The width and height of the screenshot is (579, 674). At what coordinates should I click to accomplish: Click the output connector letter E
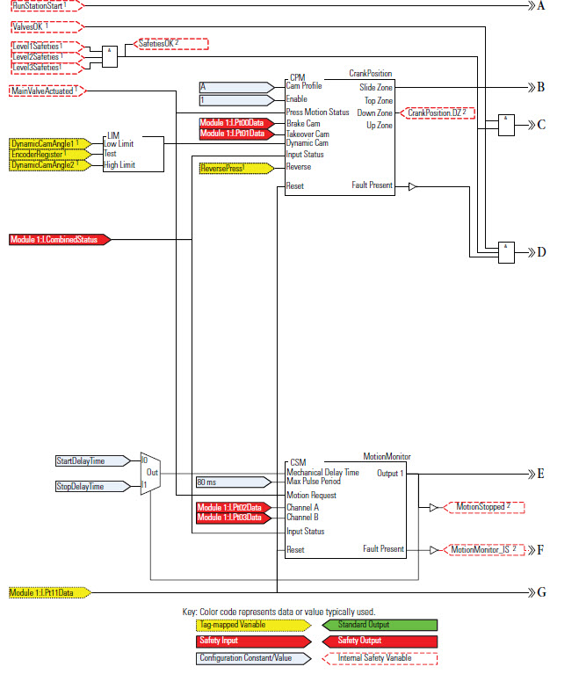coord(541,474)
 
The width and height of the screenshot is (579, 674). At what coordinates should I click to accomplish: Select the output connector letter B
coord(541,87)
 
